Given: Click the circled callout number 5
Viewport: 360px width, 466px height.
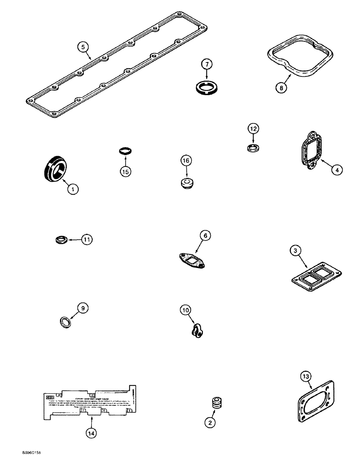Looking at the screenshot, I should click(83, 47).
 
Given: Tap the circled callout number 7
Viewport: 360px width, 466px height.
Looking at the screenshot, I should click(206, 64).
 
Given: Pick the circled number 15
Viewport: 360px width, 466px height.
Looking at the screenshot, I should click(125, 171).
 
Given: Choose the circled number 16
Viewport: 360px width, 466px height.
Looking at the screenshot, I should click(186, 161).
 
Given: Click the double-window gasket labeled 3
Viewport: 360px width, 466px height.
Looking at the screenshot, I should click(313, 274).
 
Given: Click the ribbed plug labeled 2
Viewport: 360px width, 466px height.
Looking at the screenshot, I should click(216, 403).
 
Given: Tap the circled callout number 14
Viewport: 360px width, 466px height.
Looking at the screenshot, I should click(91, 433).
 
